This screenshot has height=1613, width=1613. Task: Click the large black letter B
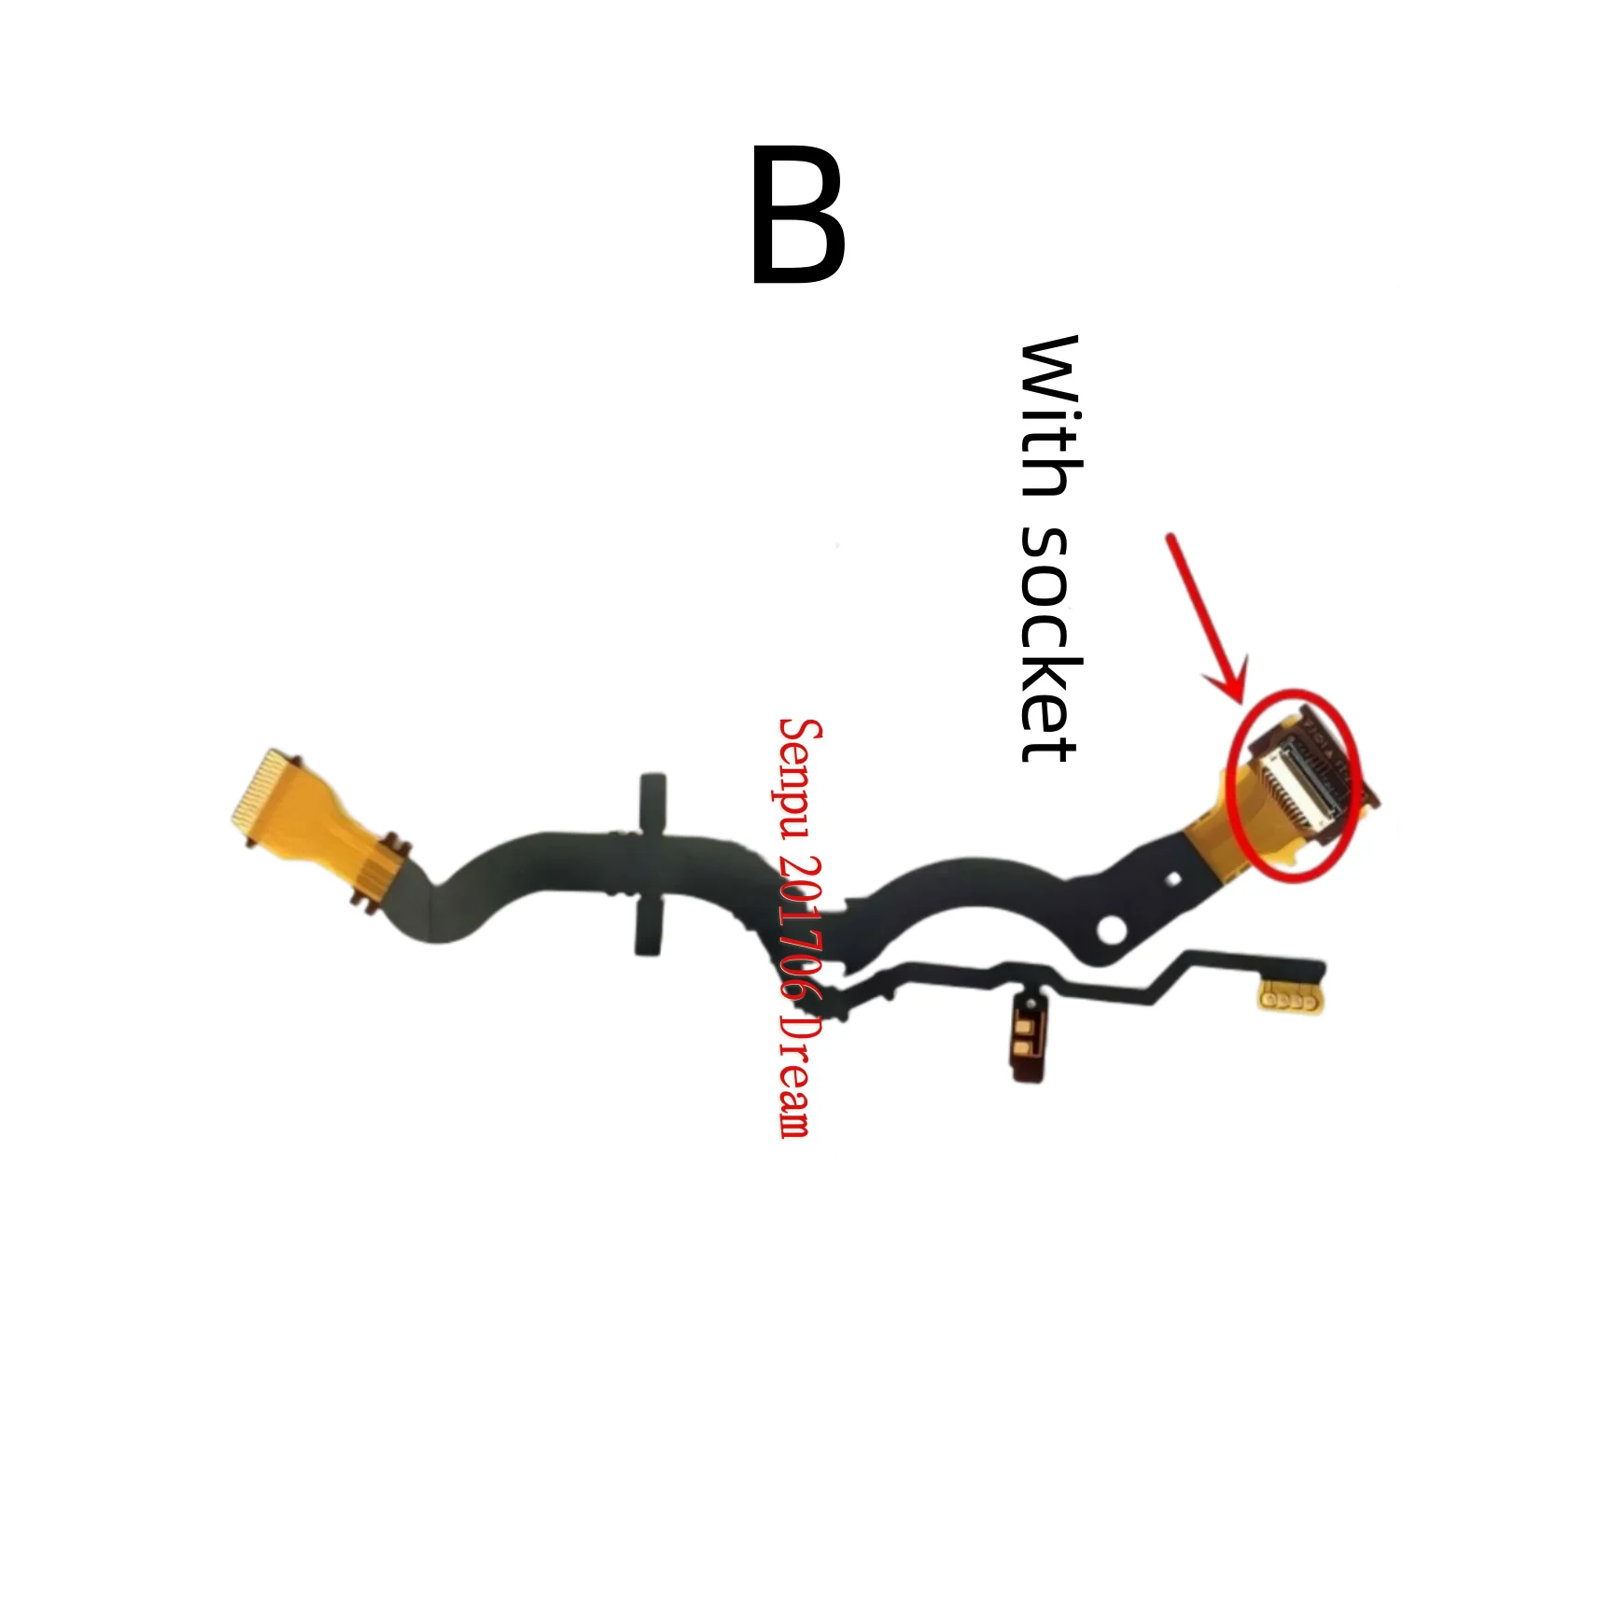coord(798,215)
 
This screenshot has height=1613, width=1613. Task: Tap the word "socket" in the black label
coord(1049,643)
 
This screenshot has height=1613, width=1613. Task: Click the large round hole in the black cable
coord(1112,929)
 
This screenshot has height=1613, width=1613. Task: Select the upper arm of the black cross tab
coord(652,802)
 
